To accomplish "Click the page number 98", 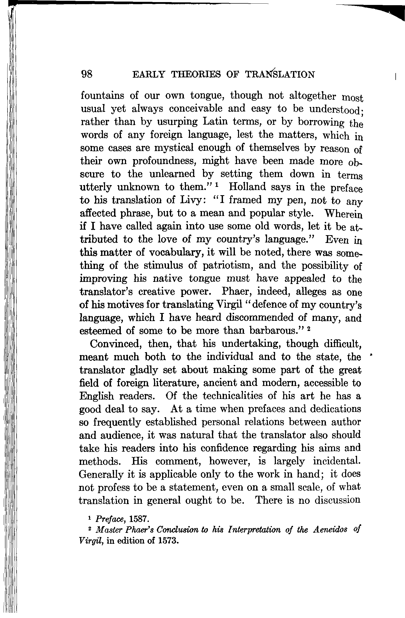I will [87, 74].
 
